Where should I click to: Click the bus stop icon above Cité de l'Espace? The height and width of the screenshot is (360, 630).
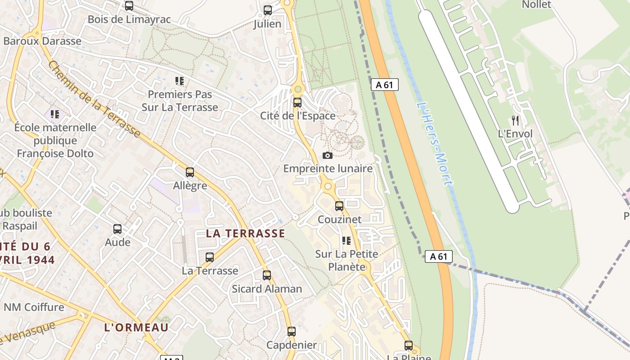pyautogui.click(x=297, y=103)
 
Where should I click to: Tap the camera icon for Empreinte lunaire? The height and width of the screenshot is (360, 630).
pyautogui.click(x=328, y=156)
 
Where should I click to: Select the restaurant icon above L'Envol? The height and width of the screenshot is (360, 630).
pyautogui.click(x=515, y=121)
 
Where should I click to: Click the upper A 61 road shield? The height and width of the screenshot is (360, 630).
pyautogui.click(x=385, y=85)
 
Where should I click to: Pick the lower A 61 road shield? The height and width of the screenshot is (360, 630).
pyautogui.click(x=438, y=256)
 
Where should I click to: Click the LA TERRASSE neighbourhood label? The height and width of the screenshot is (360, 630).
pyautogui.click(x=245, y=233)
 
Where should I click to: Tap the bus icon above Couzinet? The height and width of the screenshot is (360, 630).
pyautogui.click(x=339, y=206)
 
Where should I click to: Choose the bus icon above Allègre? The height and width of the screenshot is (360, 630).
pyautogui.click(x=190, y=172)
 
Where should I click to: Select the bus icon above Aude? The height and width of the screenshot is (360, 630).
pyautogui.click(x=117, y=229)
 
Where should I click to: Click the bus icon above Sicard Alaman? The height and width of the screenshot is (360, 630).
pyautogui.click(x=267, y=275)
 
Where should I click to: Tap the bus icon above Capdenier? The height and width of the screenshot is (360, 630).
pyautogui.click(x=292, y=332)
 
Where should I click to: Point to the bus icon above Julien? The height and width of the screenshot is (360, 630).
pyautogui.click(x=268, y=10)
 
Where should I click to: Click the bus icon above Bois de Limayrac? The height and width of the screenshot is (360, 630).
pyautogui.click(x=129, y=6)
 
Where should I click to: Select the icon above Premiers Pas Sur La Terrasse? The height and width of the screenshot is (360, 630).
pyautogui.click(x=180, y=81)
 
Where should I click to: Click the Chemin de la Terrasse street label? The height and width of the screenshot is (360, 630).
pyautogui.click(x=94, y=99)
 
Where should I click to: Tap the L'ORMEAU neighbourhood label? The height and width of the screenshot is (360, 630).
pyautogui.click(x=136, y=327)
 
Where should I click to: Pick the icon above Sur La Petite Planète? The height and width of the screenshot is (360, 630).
pyautogui.click(x=346, y=241)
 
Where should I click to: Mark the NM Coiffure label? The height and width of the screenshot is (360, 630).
pyautogui.click(x=34, y=307)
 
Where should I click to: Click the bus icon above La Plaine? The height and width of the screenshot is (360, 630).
pyautogui.click(x=409, y=346)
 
